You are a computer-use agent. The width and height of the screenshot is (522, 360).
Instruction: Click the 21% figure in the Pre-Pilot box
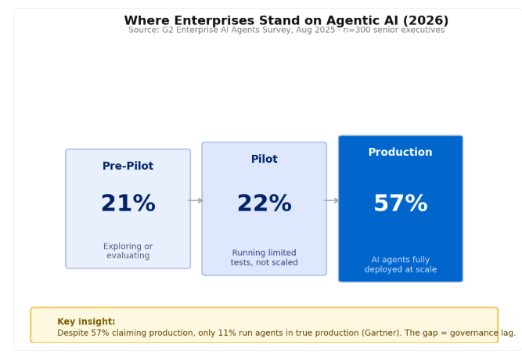pos(128,203)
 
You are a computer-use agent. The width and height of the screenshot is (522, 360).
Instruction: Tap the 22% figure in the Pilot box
pos(265,203)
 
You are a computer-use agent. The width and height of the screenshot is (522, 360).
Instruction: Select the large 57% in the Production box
pos(401,203)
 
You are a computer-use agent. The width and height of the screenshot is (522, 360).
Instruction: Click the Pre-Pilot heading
pos(128,166)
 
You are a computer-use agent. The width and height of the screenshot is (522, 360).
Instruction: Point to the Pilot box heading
pos(265,159)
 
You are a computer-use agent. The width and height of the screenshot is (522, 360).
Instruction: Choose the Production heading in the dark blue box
pos(400,152)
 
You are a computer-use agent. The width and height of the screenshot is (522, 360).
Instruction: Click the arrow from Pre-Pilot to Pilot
pos(196,200)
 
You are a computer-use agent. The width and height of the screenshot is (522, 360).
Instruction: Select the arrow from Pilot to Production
pos(332,200)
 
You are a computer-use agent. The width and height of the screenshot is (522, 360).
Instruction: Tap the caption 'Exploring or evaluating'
pos(128,250)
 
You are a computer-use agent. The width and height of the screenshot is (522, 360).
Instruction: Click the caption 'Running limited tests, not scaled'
pos(265,257)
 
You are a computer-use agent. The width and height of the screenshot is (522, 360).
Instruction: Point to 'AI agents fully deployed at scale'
pos(401,265)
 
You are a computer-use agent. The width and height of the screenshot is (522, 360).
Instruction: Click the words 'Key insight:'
pos(86,322)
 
